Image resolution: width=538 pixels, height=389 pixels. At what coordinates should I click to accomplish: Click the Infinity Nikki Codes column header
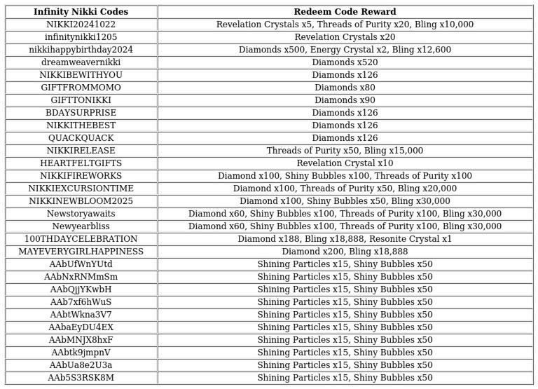click(x=81, y=12)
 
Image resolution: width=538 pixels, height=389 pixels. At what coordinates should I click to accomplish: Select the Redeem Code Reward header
click(x=345, y=12)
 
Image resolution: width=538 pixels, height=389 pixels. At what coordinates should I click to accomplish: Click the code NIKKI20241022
click(x=81, y=25)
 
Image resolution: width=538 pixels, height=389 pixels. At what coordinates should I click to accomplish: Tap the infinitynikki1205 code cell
click(x=81, y=37)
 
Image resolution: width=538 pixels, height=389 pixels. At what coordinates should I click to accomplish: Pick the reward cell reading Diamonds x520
click(x=345, y=62)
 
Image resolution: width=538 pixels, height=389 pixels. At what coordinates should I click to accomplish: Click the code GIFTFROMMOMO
click(x=81, y=88)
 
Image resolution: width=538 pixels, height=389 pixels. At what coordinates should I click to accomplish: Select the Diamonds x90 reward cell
click(x=345, y=100)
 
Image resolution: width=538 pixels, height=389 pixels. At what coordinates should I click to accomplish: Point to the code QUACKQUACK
click(x=81, y=138)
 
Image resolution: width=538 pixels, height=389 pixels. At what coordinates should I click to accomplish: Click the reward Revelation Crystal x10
click(x=345, y=163)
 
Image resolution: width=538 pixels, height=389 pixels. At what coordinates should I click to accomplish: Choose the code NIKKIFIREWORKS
click(x=81, y=176)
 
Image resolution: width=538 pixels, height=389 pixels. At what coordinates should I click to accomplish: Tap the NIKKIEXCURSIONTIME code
click(x=81, y=189)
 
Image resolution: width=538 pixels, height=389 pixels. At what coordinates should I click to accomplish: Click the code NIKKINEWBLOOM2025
click(x=81, y=201)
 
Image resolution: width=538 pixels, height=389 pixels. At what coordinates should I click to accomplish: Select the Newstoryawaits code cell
click(x=81, y=214)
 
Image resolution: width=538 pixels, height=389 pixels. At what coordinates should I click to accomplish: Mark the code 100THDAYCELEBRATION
click(x=81, y=239)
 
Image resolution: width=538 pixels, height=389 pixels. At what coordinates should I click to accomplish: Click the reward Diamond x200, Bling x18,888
click(x=345, y=252)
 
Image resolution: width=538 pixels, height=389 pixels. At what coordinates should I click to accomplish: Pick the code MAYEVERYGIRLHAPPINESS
click(x=81, y=252)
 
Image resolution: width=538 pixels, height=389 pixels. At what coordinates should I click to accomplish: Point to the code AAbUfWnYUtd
click(x=81, y=264)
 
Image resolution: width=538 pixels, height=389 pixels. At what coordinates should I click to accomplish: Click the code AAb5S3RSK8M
click(x=81, y=378)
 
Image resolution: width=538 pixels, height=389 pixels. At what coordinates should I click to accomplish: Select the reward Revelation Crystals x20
click(x=345, y=37)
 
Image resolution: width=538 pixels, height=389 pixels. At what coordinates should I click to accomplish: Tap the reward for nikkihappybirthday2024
click(x=345, y=50)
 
